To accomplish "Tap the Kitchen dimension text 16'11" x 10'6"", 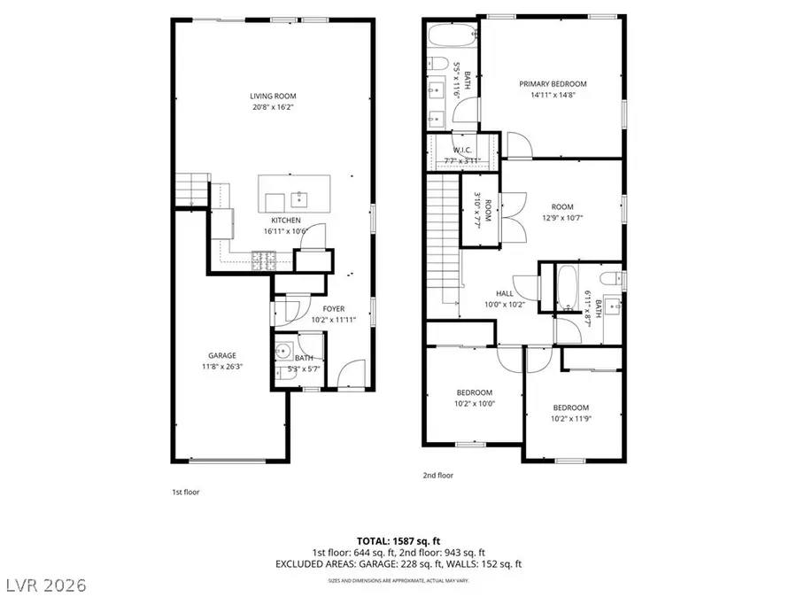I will click(286, 231).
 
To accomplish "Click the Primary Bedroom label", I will click(553, 84).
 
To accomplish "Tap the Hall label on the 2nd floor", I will click(504, 294).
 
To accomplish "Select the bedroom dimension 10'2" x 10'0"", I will click(475, 403).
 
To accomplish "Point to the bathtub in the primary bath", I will click(452, 37).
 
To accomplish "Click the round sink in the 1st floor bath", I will click(284, 350).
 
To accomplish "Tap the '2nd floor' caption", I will click(437, 475).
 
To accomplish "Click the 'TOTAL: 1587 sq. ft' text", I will click(398, 539).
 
